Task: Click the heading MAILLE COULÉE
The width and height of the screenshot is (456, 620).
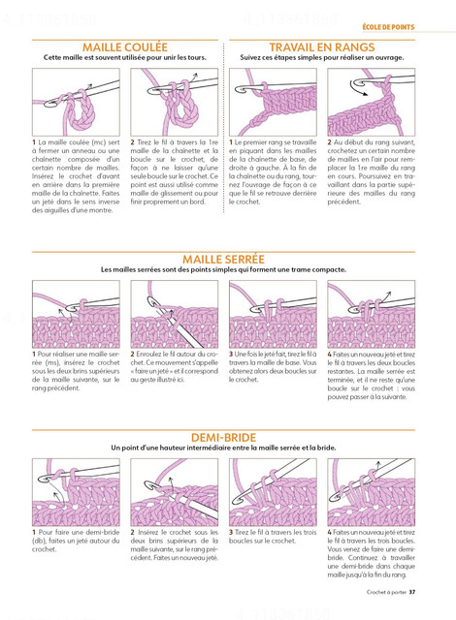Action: click(x=125, y=47)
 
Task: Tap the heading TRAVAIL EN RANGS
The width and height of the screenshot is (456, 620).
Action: click(x=322, y=47)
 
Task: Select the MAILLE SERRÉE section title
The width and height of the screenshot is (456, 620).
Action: click(x=223, y=260)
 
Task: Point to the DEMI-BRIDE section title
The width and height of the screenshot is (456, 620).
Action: click(x=223, y=437)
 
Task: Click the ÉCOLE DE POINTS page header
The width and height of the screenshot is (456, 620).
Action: click(x=388, y=27)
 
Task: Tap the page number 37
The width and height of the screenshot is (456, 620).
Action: click(x=412, y=592)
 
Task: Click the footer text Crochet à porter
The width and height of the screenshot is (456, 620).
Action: click(x=386, y=592)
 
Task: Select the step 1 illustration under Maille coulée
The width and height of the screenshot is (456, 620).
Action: click(x=76, y=102)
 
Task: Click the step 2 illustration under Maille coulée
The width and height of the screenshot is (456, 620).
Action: click(x=175, y=102)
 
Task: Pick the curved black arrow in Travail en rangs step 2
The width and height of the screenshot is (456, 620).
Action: click(x=357, y=89)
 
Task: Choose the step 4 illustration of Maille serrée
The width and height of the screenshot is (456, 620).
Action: click(x=372, y=314)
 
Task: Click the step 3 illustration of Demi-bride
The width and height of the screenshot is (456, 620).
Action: click(x=273, y=492)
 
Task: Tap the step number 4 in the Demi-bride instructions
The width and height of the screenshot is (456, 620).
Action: click(x=329, y=532)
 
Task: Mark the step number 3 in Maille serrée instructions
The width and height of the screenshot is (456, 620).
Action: click(x=231, y=355)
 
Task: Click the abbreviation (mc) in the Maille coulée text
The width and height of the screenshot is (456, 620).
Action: click(x=98, y=142)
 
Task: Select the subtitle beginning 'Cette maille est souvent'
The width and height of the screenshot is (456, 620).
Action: click(x=125, y=58)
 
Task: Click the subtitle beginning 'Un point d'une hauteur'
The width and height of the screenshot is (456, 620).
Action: click(x=223, y=448)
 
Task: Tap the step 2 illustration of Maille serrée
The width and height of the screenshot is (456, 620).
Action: click(x=175, y=314)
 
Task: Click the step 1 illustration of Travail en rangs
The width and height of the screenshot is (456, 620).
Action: click(x=273, y=102)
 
